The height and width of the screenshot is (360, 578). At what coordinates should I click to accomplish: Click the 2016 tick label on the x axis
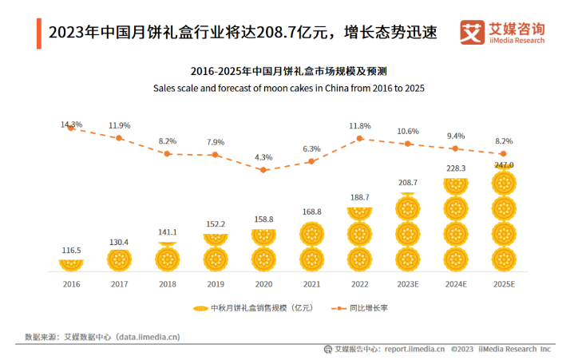coord(71,283)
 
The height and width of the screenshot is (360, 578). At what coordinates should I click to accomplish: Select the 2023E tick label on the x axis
coord(408,283)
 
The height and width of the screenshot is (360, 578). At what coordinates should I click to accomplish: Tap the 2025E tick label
coord(504,283)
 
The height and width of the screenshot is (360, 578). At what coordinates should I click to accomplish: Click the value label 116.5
coord(71,251)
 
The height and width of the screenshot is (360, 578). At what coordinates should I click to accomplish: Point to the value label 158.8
coord(263,219)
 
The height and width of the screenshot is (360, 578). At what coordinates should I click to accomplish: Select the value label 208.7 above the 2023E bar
coord(408,183)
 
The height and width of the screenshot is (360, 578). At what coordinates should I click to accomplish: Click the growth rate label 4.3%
coord(263,157)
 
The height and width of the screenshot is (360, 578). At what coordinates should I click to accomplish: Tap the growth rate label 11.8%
coord(360,126)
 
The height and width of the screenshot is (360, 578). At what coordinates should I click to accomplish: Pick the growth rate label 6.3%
coord(311,149)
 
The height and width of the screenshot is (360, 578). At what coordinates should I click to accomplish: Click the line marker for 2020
coord(263,169)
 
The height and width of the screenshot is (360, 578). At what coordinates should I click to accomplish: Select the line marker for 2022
coord(360,138)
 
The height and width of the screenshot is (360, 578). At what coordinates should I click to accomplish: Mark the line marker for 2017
coord(119,138)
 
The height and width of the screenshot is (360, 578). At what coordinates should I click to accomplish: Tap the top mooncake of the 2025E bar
coord(504,183)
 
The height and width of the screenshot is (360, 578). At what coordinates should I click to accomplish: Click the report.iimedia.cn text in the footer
coord(414,349)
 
